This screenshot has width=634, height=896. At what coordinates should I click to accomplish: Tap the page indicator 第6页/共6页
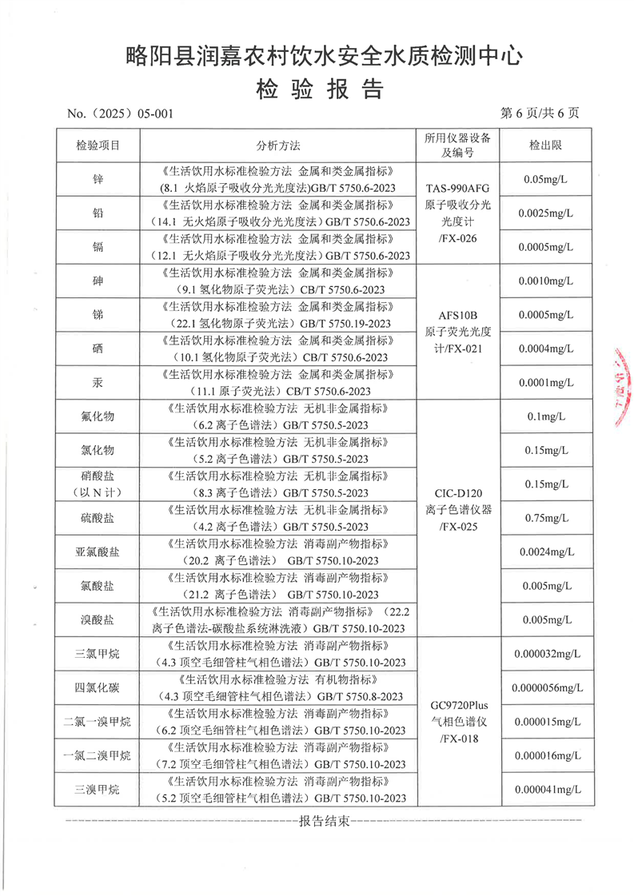pyautogui.click(x=540, y=113)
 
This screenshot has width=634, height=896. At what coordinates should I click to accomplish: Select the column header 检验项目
pyautogui.click(x=98, y=145)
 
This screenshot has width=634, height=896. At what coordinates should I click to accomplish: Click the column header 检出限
pyautogui.click(x=544, y=145)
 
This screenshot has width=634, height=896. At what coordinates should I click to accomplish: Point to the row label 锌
pyautogui.click(x=98, y=179)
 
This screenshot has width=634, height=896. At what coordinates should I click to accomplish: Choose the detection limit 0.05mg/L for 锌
pyautogui.click(x=544, y=179)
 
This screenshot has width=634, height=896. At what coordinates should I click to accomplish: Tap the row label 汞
pyautogui.click(x=98, y=383)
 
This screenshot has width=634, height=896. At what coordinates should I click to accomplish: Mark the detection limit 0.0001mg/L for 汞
pyautogui.click(x=544, y=383)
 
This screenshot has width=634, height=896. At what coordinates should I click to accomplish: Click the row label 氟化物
pyautogui.click(x=98, y=416)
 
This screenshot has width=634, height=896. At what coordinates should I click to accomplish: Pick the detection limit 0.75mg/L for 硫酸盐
pyautogui.click(x=544, y=518)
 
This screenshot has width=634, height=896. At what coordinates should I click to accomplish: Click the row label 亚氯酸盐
pyautogui.click(x=98, y=552)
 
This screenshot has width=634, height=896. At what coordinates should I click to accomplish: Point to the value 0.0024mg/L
pyautogui.click(x=544, y=552)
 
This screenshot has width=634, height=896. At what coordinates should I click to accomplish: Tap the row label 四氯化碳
pyautogui.click(x=98, y=687)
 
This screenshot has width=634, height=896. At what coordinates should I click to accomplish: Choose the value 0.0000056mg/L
pyautogui.click(x=544, y=687)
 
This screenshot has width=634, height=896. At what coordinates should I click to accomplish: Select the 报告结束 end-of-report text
pyautogui.click(x=323, y=821)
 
